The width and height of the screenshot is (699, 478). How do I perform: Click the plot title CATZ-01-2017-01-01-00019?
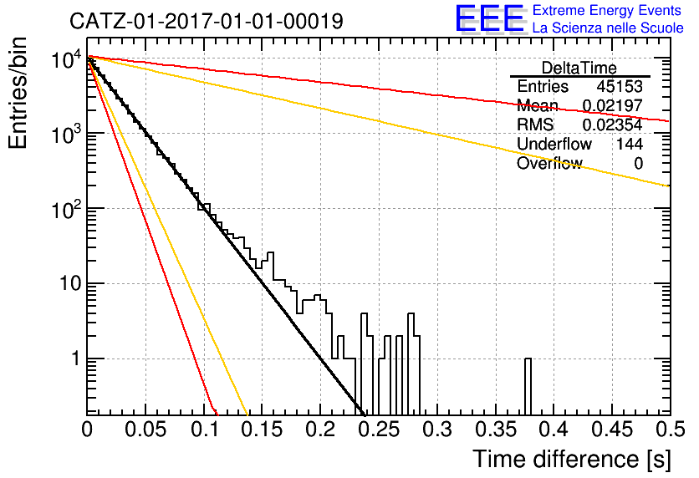click(x=207, y=21)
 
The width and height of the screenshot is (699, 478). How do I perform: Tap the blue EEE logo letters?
click(x=489, y=18)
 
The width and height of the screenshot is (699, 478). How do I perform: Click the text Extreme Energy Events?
click(x=607, y=10)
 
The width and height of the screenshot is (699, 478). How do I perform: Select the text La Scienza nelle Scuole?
click(x=608, y=28)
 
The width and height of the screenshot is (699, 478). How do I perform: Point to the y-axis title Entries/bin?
click(x=18, y=93)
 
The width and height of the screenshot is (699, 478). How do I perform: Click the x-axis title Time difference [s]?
click(x=572, y=460)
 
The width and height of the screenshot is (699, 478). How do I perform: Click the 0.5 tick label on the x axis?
click(x=671, y=430)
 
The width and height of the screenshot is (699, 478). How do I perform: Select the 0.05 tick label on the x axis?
click(x=145, y=430)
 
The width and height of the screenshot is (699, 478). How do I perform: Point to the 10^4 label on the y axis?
click(x=66, y=59)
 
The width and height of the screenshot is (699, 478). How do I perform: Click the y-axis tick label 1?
click(x=76, y=358)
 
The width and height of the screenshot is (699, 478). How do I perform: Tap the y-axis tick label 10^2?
click(x=66, y=209)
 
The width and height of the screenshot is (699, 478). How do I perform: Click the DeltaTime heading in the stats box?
click(x=579, y=68)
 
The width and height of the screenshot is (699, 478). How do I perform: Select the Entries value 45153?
click(x=620, y=86)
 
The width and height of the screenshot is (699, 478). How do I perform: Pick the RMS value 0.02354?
click(x=613, y=125)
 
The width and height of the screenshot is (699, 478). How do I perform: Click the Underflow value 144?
click(x=630, y=144)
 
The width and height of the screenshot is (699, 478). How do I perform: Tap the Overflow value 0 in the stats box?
click(x=638, y=164)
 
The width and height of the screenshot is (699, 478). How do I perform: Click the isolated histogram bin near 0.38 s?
click(x=528, y=386)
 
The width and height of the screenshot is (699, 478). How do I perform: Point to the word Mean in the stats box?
click(x=537, y=106)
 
